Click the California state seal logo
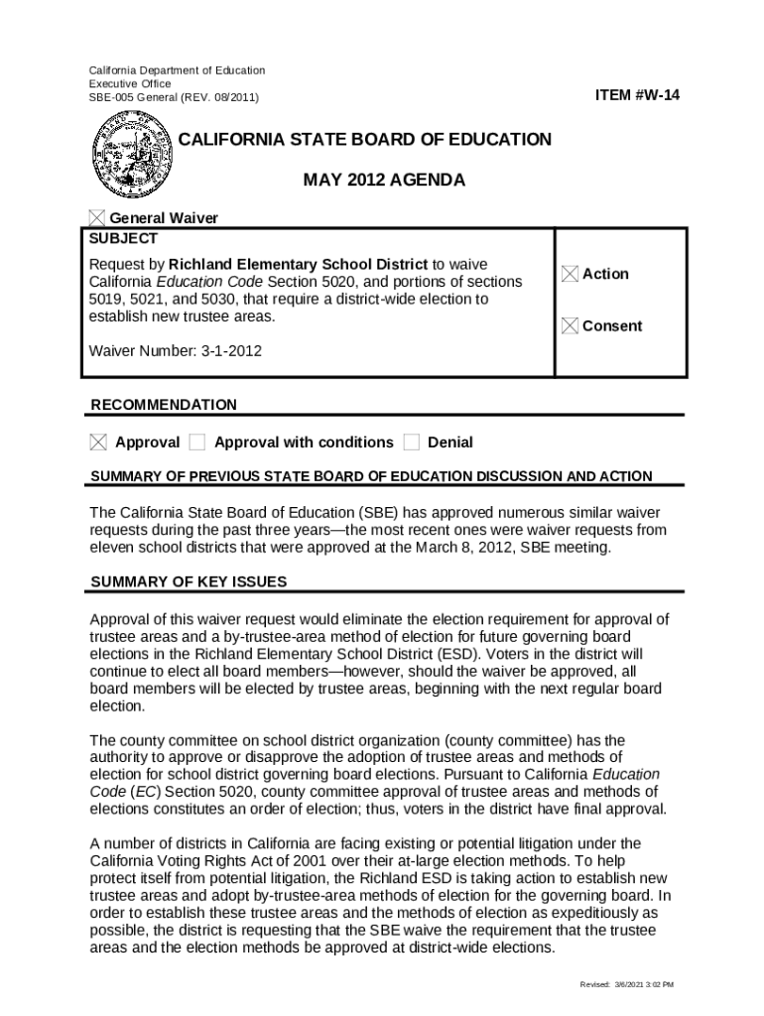coord(133,158)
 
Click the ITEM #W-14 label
coord(637,95)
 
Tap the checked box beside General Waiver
coord(97,218)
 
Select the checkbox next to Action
coord(570,274)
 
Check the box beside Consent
coord(570,325)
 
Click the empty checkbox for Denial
coord(412,442)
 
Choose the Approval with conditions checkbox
coord(197,442)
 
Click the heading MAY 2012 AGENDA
coord(384,181)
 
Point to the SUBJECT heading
coord(123,239)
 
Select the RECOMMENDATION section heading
coord(164,405)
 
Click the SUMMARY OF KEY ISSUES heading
coord(189,581)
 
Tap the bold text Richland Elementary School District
coord(299,264)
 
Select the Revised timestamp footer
coord(626,984)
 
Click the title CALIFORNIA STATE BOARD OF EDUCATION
coord(364,140)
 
